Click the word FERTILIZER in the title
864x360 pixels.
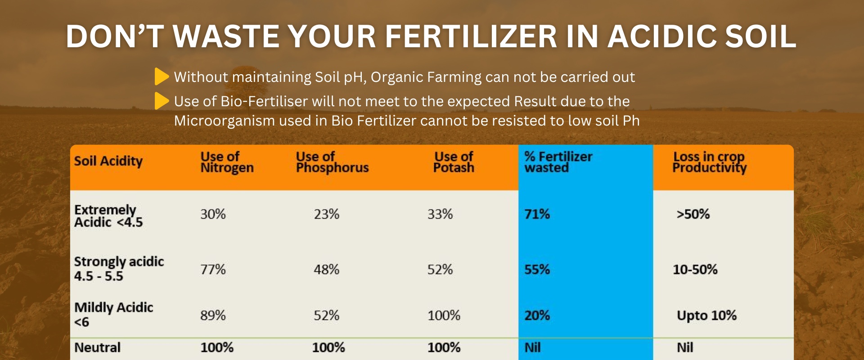point(471,36)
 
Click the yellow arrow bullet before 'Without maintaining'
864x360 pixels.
point(162,76)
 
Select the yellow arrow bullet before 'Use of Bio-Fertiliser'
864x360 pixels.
point(162,101)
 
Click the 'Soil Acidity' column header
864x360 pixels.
point(108,161)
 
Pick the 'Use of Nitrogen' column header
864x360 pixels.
point(227,162)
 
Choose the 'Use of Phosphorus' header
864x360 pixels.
point(332,162)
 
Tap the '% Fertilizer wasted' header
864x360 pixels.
point(558,162)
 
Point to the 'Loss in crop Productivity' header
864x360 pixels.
point(710,162)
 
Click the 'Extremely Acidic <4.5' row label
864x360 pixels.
point(108,216)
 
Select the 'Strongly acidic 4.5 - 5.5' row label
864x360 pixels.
point(119,269)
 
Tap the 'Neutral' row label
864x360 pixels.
point(97,347)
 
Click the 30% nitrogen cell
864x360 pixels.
point(213,214)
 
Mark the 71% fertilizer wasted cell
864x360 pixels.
point(537,214)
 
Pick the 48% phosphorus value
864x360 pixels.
point(327,270)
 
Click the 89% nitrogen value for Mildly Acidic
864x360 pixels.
point(213,315)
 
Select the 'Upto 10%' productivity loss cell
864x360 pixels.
point(707,316)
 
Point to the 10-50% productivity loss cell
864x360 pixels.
point(695,270)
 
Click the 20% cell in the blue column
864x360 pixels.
point(537,315)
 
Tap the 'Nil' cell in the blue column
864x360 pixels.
point(533,347)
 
